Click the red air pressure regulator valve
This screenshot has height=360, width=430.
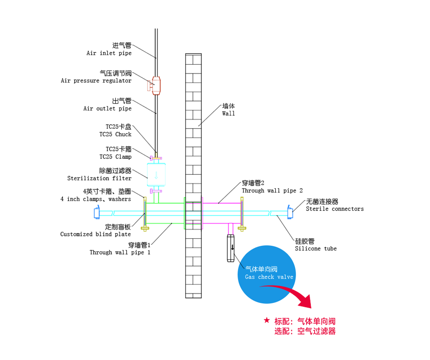tap(155, 86)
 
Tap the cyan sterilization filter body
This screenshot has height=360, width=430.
tap(156, 174)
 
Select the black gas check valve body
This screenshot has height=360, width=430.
tap(231, 248)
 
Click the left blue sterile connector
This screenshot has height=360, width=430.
tap(97, 213)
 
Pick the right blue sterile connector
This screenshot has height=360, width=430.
tap(290, 212)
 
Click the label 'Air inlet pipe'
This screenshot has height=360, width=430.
tap(109, 53)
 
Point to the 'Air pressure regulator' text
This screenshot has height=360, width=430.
tap(96, 81)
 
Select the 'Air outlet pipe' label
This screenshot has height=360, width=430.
tap(108, 109)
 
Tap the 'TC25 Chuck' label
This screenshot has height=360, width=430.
tap(115, 134)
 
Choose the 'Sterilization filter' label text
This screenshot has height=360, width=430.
tap(99, 178)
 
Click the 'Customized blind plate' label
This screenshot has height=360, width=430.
tap(96, 234)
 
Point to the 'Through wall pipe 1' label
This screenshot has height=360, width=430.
tap(120, 252)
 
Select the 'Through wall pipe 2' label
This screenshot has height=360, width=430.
tap(272, 191)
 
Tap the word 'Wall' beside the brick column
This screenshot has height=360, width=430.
tap(229, 114)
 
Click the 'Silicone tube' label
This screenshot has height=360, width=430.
tap(315, 249)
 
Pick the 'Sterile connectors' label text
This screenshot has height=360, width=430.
tap(335, 209)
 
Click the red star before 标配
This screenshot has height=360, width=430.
tap(267, 320)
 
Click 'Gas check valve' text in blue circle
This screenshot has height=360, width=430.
tap(269, 277)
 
